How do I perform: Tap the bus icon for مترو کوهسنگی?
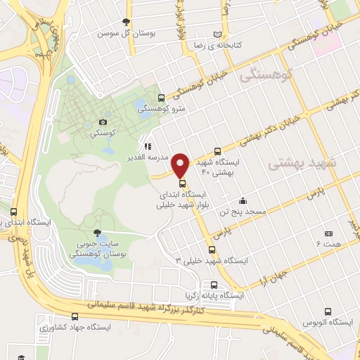click(162, 98)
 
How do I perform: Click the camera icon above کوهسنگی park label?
click(103, 122)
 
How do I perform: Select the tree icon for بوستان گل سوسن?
click(126, 22)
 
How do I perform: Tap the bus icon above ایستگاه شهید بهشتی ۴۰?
click(217, 150)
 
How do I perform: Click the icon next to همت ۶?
click(328, 233)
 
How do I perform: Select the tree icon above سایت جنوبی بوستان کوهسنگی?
click(97, 231)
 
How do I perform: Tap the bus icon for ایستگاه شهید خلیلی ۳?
click(212, 250)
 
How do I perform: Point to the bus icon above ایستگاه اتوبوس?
click(328, 311)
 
